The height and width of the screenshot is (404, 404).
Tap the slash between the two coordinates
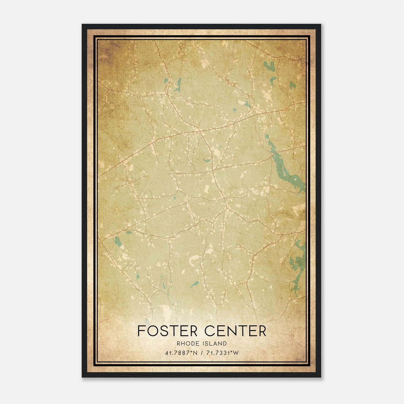201,353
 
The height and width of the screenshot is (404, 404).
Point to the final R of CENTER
262,331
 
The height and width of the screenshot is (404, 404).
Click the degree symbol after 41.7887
192,352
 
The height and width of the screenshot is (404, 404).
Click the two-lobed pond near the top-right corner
269,66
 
